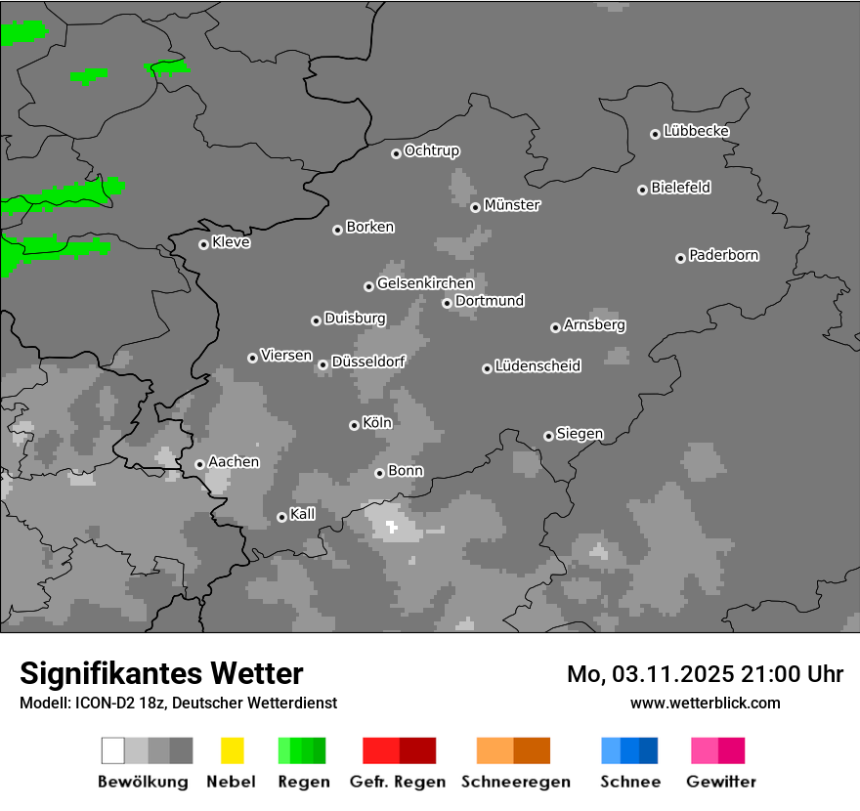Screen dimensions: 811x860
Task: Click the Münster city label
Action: tap(512, 205)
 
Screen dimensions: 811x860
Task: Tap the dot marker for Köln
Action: tap(354, 425)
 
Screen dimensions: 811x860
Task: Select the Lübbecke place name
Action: tap(696, 131)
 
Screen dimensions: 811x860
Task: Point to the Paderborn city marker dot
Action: tap(680, 258)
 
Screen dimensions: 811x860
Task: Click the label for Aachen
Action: tap(234, 461)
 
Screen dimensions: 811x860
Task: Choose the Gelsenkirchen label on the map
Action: tap(425, 283)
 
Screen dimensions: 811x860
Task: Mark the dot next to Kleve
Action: tap(203, 244)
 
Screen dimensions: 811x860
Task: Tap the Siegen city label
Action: tap(580, 434)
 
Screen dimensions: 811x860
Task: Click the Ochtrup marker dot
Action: tap(396, 152)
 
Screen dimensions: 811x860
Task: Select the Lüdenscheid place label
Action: tap(537, 366)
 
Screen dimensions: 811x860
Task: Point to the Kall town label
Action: tap(303, 514)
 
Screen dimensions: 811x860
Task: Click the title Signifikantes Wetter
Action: tap(161, 673)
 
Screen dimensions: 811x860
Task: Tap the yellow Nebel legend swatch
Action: tap(232, 750)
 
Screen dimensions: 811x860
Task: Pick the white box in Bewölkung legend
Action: tap(113, 750)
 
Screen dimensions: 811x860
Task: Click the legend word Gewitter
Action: tap(720, 782)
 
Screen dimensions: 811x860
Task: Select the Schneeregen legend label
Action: tap(516, 782)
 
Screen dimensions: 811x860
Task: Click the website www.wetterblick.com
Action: tap(705, 703)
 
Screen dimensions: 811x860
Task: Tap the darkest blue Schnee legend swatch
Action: tap(649, 750)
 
